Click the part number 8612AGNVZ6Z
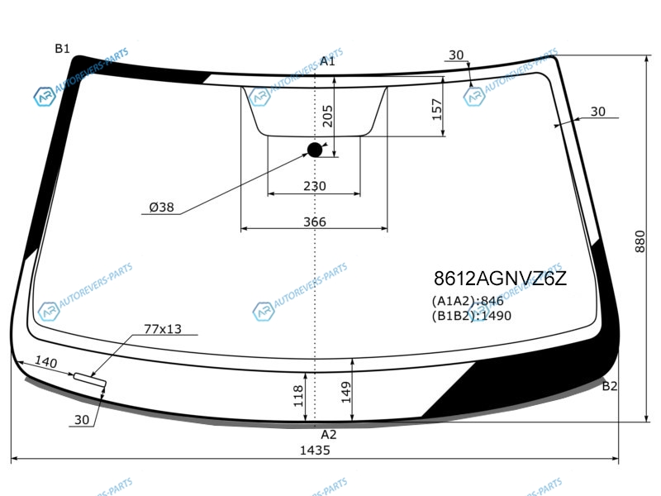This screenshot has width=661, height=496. [x=501, y=279]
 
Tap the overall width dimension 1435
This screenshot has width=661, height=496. [x=315, y=450]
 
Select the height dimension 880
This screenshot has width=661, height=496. [x=640, y=241]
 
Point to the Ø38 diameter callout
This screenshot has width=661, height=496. [x=161, y=207]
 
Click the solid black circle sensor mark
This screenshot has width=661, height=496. [x=315, y=150]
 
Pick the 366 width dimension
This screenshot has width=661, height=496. [x=315, y=222]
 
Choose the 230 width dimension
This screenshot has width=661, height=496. [x=315, y=185]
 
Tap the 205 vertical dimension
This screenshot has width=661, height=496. [x=327, y=116]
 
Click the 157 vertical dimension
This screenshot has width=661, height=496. [x=437, y=109]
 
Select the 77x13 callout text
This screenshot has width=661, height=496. [x=163, y=328]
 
